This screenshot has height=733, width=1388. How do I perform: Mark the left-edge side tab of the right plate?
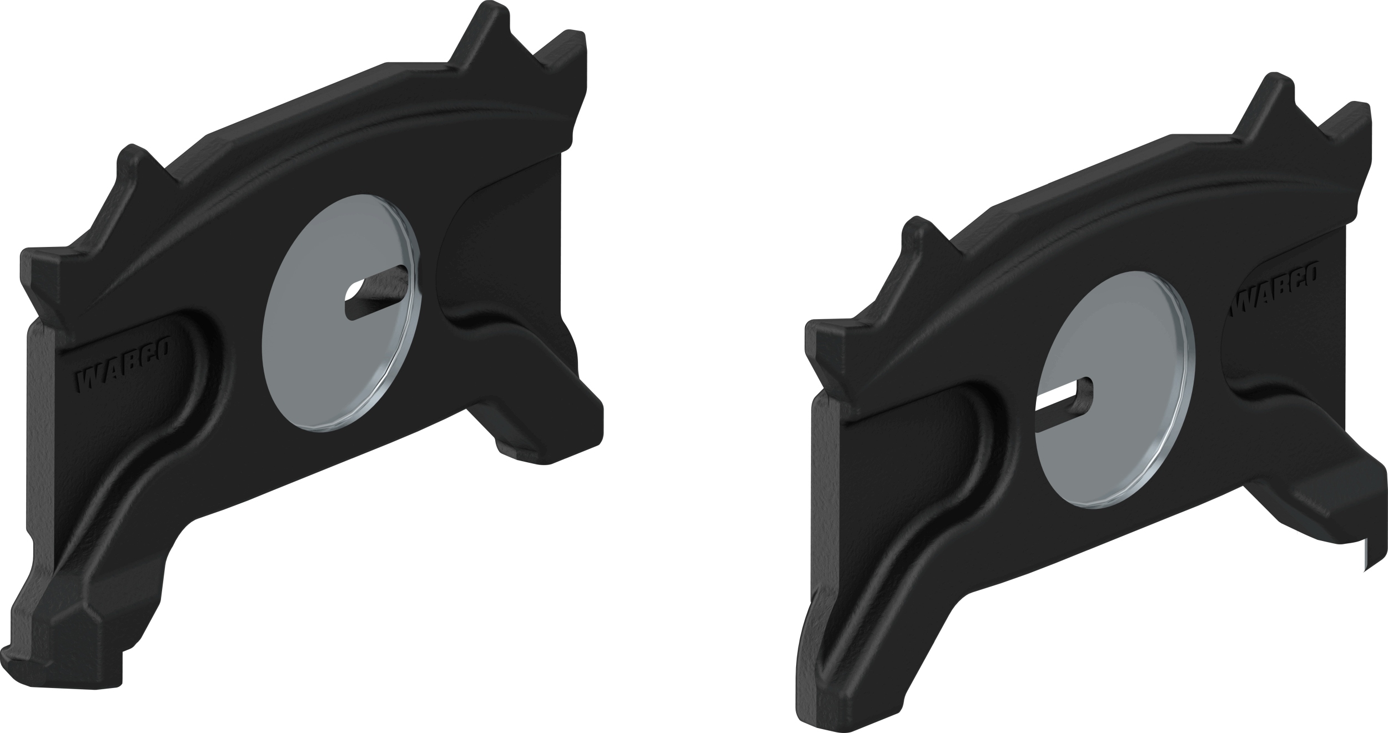(x=827, y=338)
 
